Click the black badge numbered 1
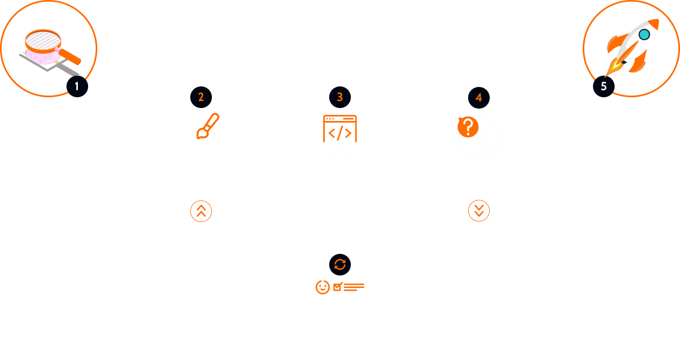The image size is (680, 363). point(77,86)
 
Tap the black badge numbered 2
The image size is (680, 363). point(201,97)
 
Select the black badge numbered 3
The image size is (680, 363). point(339,97)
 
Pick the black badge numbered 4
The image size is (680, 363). point(479,98)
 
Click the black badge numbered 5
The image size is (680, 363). point(603,86)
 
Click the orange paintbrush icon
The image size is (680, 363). point(208,126)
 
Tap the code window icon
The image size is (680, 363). point(339,129)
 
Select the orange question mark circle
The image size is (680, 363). point(468,127)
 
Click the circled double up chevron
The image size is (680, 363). point(201,211)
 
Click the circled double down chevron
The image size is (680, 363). point(479,211)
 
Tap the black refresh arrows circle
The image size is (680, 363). point(339,265)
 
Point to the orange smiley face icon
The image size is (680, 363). point(322,287)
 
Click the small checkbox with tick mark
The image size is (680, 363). point(338,287)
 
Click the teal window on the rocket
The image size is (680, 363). point(644,35)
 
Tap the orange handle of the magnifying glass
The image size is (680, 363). point(70,57)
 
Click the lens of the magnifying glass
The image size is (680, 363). point(43,41)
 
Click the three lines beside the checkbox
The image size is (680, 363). point(354,287)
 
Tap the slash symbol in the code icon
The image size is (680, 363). point(339,133)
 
